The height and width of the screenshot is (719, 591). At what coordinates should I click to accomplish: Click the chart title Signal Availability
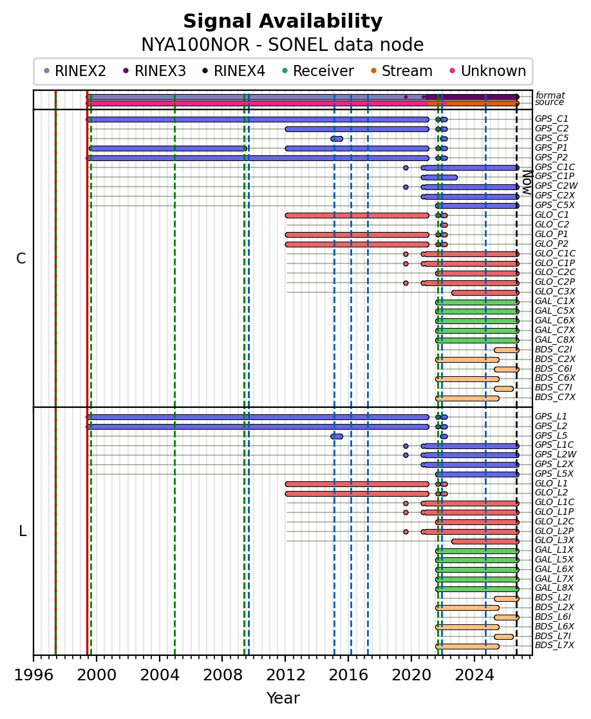pyautogui.click(x=283, y=21)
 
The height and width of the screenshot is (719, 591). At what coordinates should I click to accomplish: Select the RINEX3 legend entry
pyautogui.click(x=155, y=71)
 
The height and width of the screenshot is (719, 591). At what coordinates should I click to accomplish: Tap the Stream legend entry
pyautogui.click(x=401, y=71)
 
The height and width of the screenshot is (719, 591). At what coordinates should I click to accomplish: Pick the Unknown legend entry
pyautogui.click(x=488, y=71)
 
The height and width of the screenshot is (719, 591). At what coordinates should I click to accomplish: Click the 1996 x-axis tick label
pyautogui.click(x=33, y=675)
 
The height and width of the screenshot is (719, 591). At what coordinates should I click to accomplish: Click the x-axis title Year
pyautogui.click(x=283, y=698)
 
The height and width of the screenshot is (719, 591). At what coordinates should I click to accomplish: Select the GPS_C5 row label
pyautogui.click(x=552, y=138)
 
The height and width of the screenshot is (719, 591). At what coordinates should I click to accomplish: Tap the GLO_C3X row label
pyautogui.click(x=555, y=292)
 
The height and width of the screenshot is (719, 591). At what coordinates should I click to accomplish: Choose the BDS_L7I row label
pyautogui.click(x=553, y=636)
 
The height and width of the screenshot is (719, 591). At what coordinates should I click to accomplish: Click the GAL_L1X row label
pyautogui.click(x=554, y=550)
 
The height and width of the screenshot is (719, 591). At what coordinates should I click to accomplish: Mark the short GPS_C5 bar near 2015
pyautogui.click(x=337, y=139)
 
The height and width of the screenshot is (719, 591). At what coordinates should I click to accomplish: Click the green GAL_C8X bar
pyautogui.click(x=478, y=340)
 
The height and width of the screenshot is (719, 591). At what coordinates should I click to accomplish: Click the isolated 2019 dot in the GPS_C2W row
pyautogui.click(x=406, y=187)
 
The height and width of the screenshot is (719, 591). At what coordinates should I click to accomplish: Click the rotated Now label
pyautogui.click(x=528, y=182)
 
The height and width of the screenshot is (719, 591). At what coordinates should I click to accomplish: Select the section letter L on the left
pyautogui.click(x=23, y=532)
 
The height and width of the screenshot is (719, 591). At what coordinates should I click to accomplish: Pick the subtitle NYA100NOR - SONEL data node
pyautogui.click(x=283, y=45)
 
